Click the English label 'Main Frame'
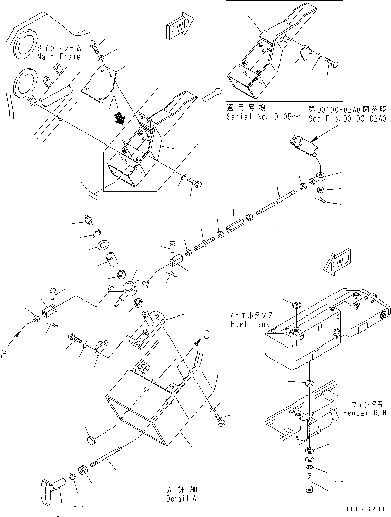click(x=59, y=56)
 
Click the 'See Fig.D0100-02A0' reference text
click(x=347, y=118)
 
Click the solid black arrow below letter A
click(x=121, y=119)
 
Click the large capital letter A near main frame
click(x=113, y=102)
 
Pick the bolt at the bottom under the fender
click(x=310, y=482)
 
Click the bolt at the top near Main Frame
click(x=95, y=45)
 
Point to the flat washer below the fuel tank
click(x=309, y=382)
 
